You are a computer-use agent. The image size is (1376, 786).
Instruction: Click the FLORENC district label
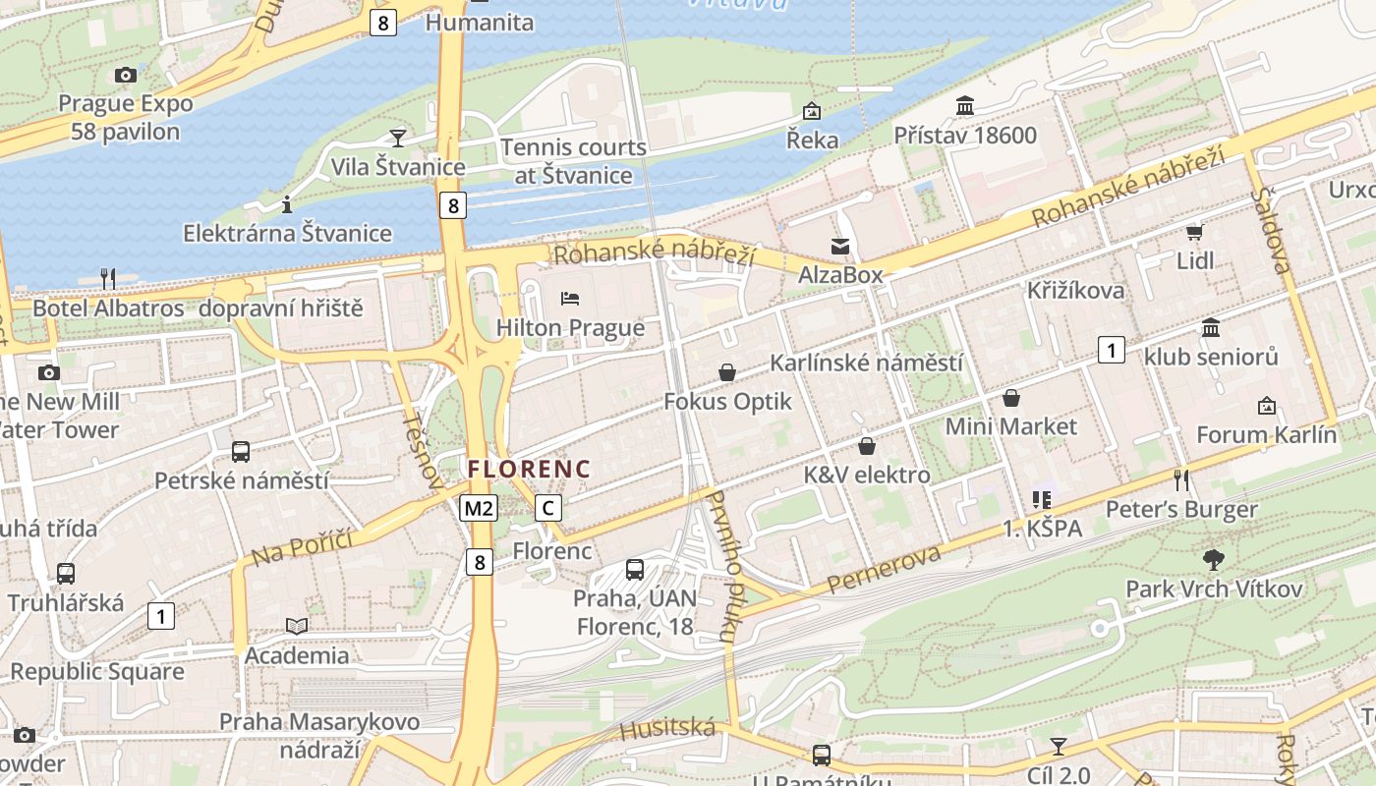click(x=530, y=469)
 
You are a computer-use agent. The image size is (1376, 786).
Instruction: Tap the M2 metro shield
click(x=479, y=508)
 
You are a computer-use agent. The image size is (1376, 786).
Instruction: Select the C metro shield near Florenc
click(x=548, y=508)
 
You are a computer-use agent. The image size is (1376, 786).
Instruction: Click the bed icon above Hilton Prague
click(x=570, y=298)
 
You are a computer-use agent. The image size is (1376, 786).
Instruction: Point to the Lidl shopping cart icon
click(x=1195, y=232)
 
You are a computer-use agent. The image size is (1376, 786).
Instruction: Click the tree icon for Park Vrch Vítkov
click(x=1214, y=560)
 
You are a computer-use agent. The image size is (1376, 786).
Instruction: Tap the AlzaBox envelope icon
click(x=840, y=246)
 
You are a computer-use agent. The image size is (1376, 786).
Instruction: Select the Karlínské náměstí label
click(x=866, y=363)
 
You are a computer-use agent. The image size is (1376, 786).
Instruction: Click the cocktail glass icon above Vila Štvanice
click(x=398, y=138)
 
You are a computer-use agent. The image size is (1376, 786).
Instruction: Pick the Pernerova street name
click(x=883, y=570)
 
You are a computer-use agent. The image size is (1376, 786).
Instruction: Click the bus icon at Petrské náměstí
click(x=241, y=452)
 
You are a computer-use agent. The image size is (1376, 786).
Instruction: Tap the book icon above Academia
click(x=297, y=626)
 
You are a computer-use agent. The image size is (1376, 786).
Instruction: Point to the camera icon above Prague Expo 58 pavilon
click(x=125, y=75)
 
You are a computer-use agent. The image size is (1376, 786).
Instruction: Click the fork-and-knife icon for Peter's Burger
click(x=1181, y=479)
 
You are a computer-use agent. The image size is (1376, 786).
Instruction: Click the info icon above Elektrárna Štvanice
click(x=287, y=204)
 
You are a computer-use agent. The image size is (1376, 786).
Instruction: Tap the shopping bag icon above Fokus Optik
click(x=727, y=372)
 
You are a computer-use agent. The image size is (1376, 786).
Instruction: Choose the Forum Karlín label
click(x=1266, y=434)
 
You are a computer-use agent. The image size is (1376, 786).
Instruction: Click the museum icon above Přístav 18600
click(x=965, y=105)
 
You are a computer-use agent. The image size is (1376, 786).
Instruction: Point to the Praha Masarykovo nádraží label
click(x=318, y=735)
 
